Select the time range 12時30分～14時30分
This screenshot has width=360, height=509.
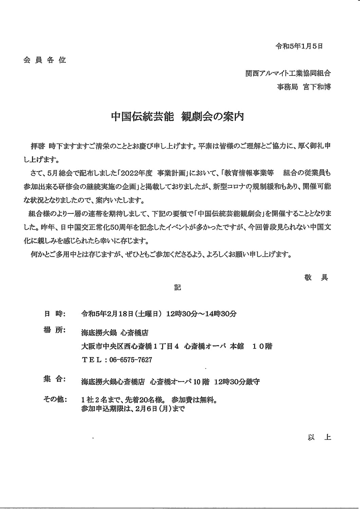[x=202, y=314]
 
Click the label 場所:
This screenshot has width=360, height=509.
[x=53, y=331]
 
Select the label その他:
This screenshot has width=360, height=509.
[x=55, y=398]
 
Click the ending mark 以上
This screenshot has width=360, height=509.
[x=319, y=437]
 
